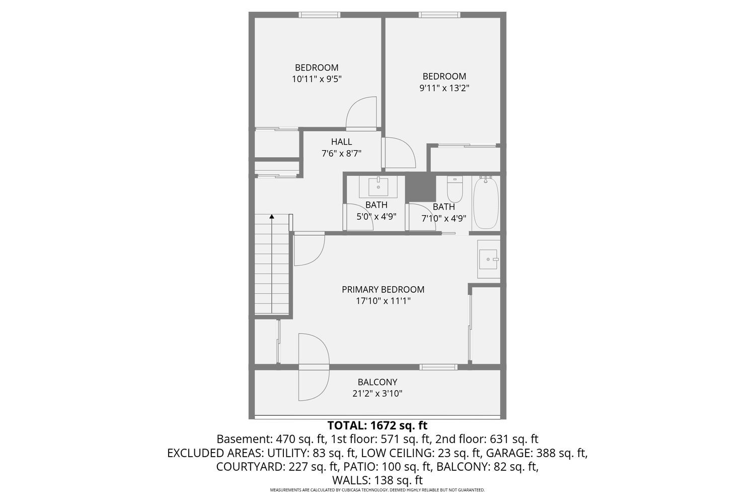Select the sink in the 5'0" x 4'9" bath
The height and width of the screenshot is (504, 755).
(378, 187)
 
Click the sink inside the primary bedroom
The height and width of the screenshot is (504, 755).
(488, 259)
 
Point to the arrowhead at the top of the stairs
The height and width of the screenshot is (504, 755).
(272, 217)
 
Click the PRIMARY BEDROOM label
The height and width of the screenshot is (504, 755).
(383, 289)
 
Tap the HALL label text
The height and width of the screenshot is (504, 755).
(341, 142)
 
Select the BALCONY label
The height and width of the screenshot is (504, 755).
(377, 382)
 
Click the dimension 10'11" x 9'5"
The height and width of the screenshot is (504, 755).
(317, 79)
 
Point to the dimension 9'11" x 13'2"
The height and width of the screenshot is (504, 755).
(444, 88)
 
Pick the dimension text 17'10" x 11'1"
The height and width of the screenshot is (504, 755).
(383, 301)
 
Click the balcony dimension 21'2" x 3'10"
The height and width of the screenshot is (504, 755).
(377, 394)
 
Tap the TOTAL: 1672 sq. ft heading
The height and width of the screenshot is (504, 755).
(377, 425)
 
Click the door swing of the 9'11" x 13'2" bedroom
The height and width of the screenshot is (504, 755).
(399, 152)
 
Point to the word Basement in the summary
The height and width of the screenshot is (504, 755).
(239, 439)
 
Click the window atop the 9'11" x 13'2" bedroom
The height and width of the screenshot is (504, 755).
(439, 15)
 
